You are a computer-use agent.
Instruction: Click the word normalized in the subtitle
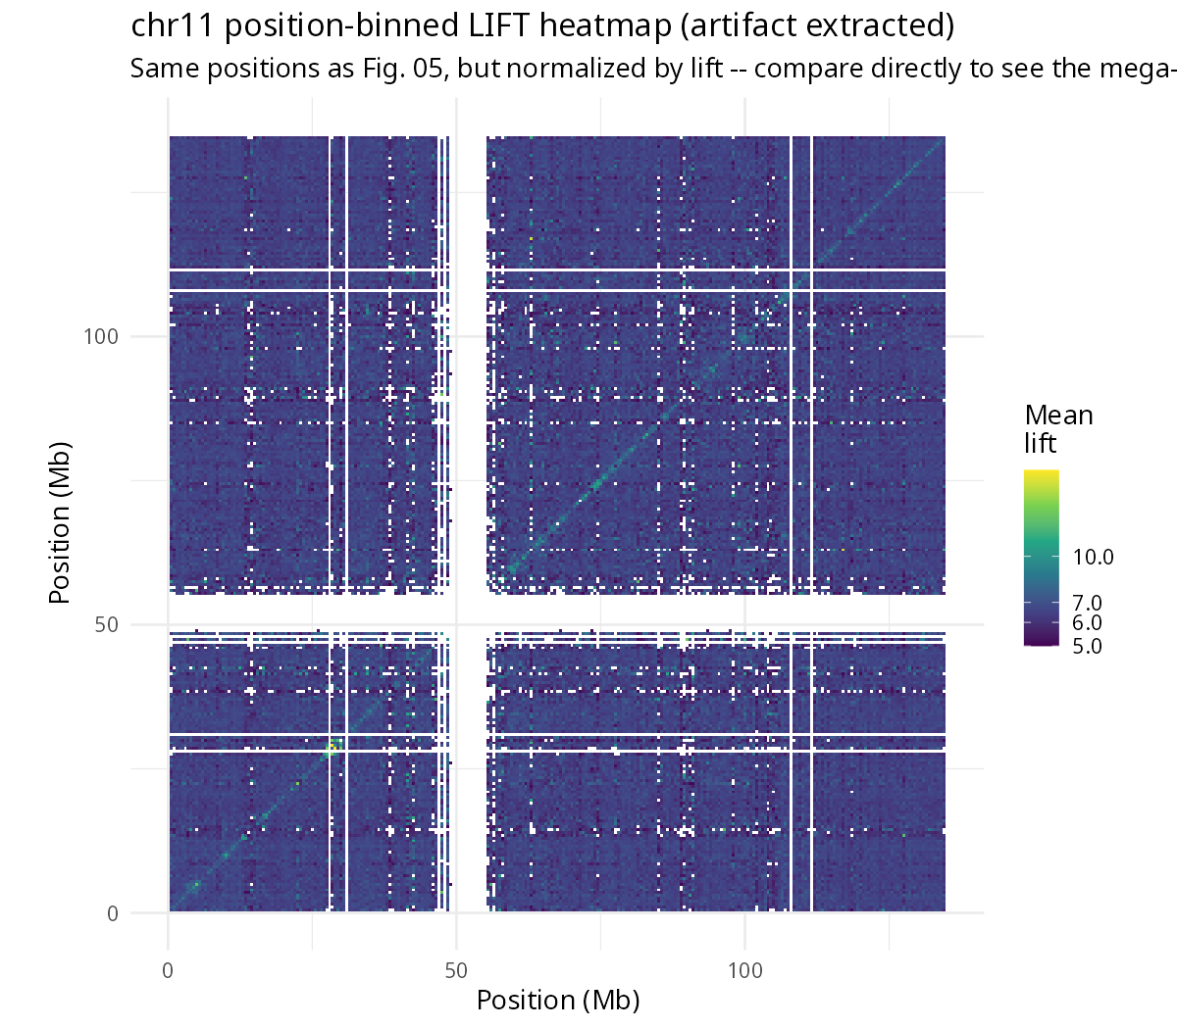click(576, 69)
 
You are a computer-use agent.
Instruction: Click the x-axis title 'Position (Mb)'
click(558, 1000)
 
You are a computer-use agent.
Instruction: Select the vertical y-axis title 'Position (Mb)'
click(59, 522)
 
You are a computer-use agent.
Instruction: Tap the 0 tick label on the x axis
click(168, 971)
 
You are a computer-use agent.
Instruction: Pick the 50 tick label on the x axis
click(456, 971)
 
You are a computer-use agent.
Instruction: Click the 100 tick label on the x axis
click(745, 971)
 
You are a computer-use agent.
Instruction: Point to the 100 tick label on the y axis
click(101, 336)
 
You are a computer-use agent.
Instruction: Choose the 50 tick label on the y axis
click(107, 624)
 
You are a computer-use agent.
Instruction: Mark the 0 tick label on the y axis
click(113, 913)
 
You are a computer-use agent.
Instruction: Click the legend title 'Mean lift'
click(1058, 429)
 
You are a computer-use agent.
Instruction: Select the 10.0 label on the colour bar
click(1093, 557)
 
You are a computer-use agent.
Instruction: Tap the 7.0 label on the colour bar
click(1088, 603)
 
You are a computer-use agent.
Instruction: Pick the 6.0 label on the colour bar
click(1088, 622)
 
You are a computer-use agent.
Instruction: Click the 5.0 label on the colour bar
click(1088, 646)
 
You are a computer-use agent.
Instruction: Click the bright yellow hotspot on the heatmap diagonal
click(332, 748)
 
